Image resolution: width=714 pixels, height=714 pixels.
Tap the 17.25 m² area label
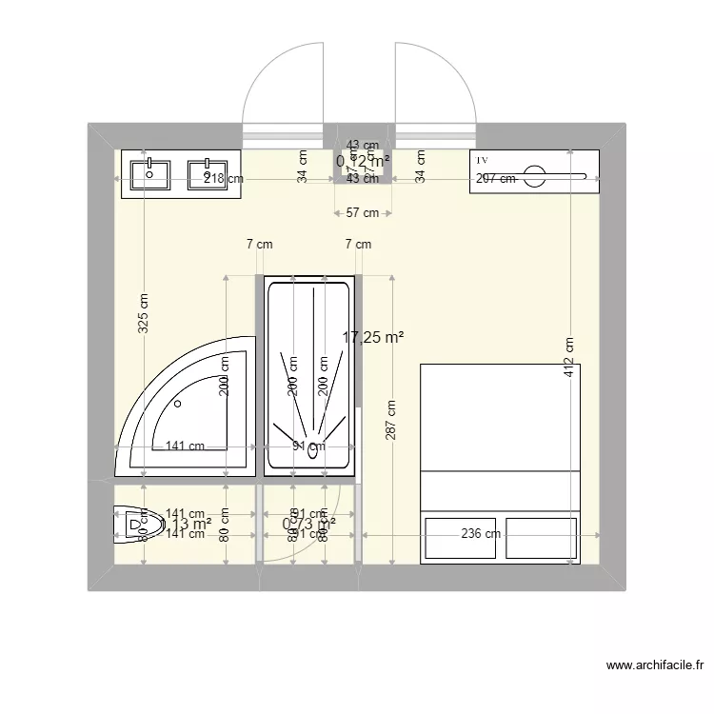[373, 336]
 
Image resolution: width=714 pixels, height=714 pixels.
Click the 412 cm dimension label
[568, 356]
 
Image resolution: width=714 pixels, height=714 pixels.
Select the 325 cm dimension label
[143, 310]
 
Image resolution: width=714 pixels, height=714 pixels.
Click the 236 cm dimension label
[481, 533]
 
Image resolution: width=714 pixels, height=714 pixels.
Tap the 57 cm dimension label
[362, 212]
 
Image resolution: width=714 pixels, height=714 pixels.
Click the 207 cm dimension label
[495, 178]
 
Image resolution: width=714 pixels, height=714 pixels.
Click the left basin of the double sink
[151, 173]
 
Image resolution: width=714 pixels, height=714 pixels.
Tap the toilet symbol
[134, 524]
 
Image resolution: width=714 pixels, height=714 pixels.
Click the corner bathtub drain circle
[178, 403]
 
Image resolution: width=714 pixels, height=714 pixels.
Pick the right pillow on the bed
[541, 538]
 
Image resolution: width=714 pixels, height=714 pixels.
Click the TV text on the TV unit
[482, 160]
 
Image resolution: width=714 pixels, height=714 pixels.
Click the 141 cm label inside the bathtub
[185, 445]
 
